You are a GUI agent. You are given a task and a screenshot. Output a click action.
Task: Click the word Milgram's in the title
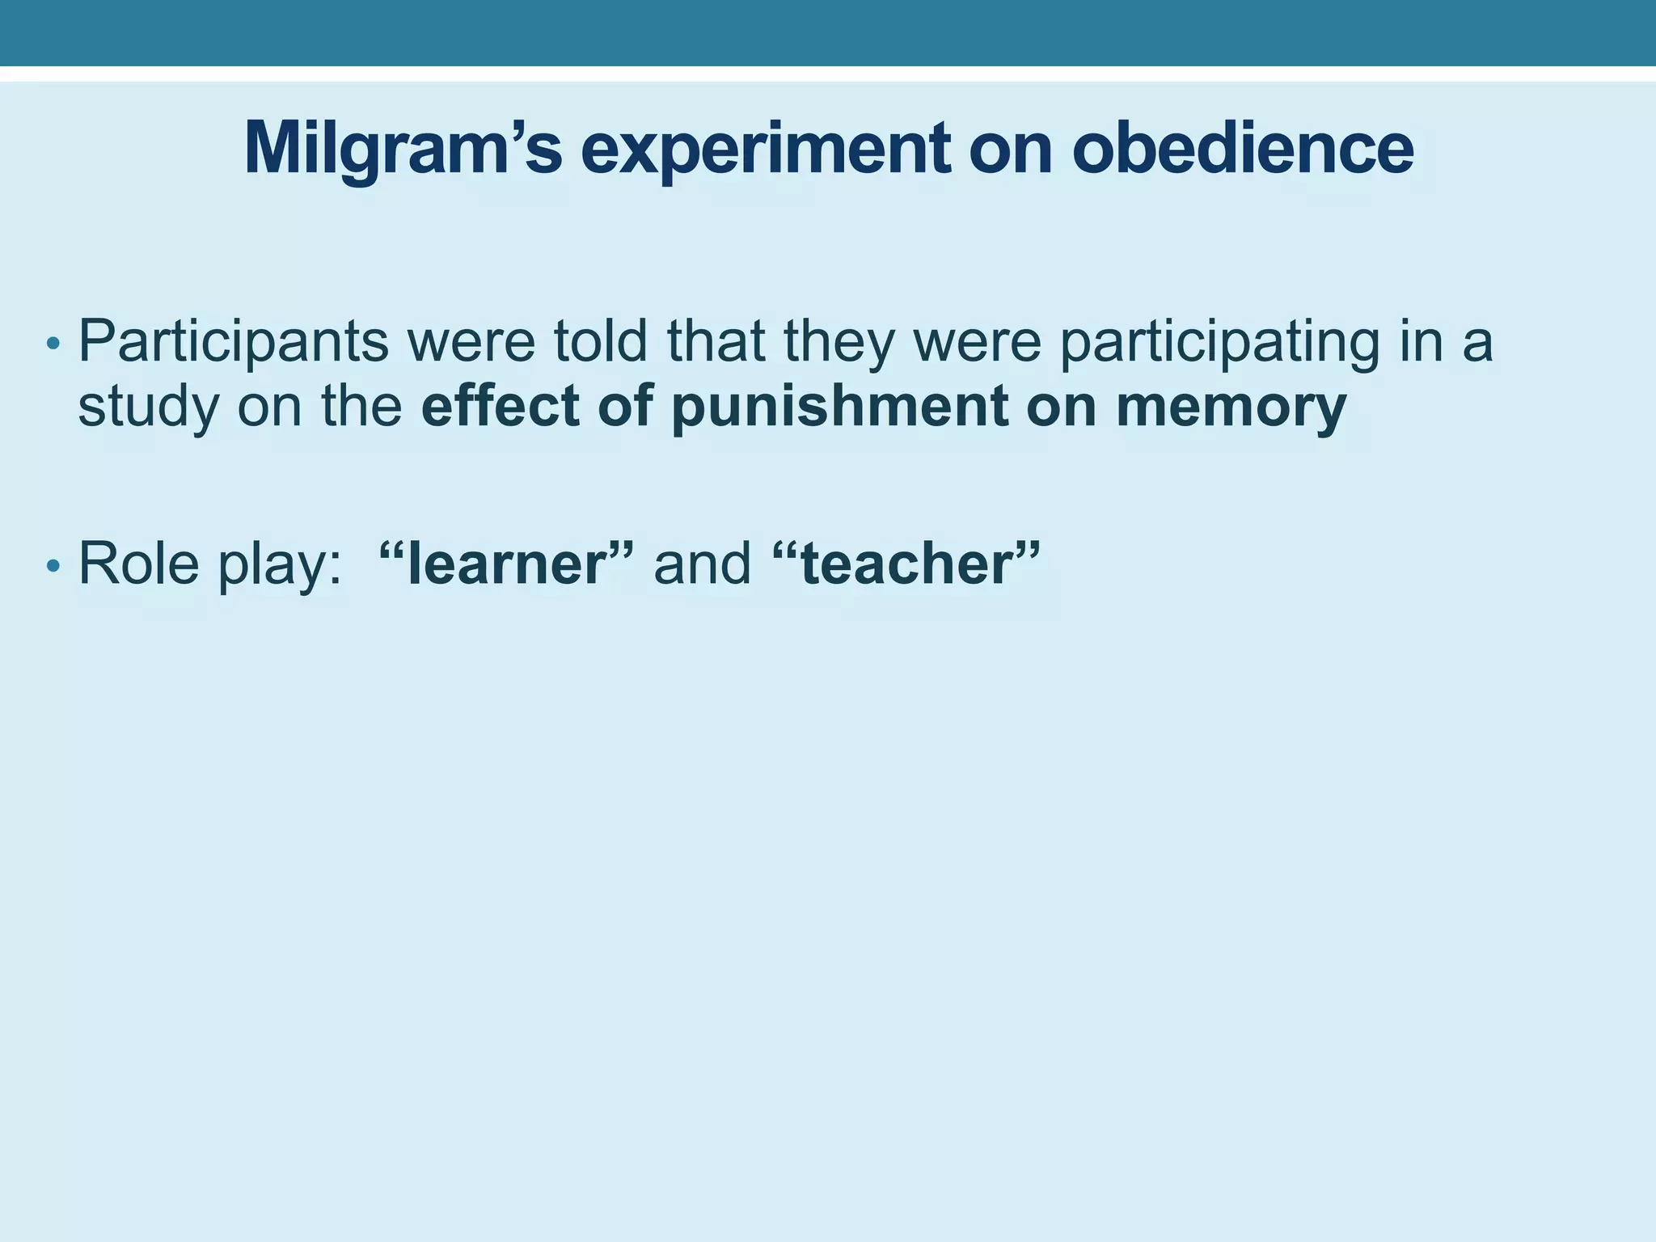click(x=402, y=150)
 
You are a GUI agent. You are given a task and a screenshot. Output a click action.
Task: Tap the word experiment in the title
click(x=765, y=150)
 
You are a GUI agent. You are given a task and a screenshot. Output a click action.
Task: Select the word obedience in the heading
click(x=1242, y=150)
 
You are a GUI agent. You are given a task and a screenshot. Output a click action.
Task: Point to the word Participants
click(x=234, y=343)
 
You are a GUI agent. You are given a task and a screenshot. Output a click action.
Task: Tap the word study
click(x=148, y=407)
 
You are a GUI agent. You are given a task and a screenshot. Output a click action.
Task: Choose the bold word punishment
click(x=839, y=407)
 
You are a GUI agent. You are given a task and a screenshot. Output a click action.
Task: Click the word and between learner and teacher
click(x=702, y=563)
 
